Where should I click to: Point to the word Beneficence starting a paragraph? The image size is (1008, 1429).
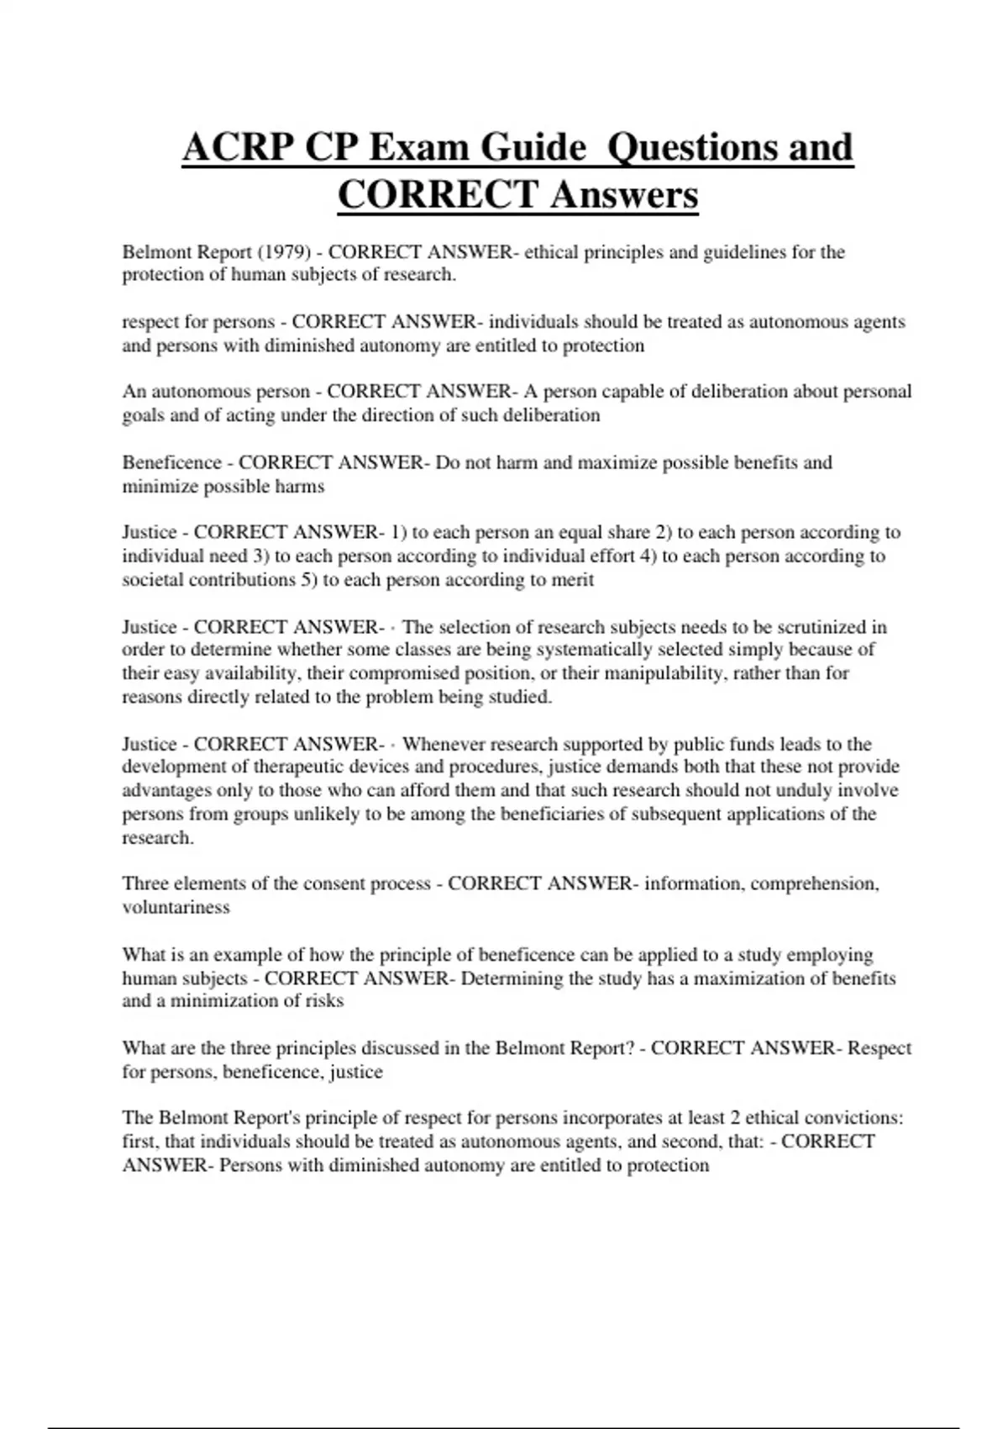tap(172, 462)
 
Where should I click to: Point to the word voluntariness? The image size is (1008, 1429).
tap(176, 907)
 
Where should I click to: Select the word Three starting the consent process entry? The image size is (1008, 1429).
tap(145, 883)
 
